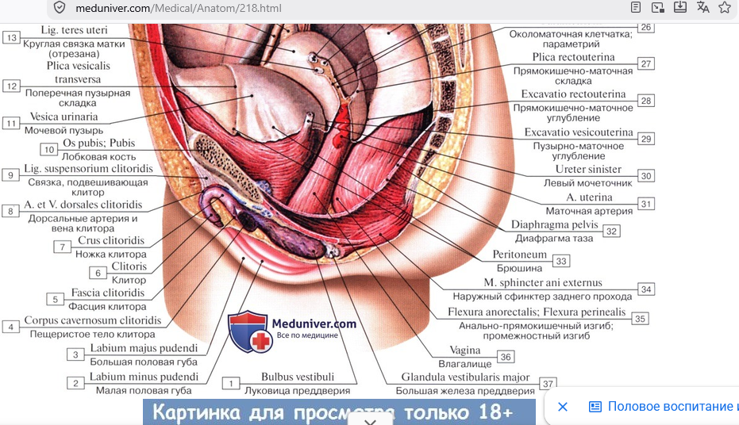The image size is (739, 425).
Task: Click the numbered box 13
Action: point(11,37)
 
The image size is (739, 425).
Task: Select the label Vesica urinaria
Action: point(64,117)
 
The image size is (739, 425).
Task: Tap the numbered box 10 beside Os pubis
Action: point(49,149)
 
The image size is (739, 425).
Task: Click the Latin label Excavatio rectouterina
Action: point(573,94)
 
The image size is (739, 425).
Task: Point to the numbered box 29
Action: point(645,139)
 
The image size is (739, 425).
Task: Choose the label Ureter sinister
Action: point(588,169)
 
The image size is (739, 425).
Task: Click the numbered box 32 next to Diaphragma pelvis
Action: point(611,231)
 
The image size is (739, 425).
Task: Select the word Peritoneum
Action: point(519,255)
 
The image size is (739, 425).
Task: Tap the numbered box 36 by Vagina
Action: point(506,357)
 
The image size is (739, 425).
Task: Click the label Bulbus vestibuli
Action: point(298,377)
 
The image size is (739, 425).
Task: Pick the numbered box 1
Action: point(231,383)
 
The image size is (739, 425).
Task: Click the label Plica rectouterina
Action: point(573,57)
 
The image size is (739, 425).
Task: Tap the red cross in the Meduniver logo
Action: point(260,341)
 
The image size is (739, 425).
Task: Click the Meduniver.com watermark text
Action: point(314,324)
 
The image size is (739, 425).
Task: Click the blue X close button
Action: point(563,407)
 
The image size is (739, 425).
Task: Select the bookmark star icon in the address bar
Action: point(725,7)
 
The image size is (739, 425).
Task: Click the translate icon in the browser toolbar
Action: point(702,7)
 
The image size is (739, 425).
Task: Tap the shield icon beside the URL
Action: point(60,7)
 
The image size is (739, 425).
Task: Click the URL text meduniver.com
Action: point(113,8)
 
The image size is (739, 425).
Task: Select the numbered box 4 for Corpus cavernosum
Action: point(10,327)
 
